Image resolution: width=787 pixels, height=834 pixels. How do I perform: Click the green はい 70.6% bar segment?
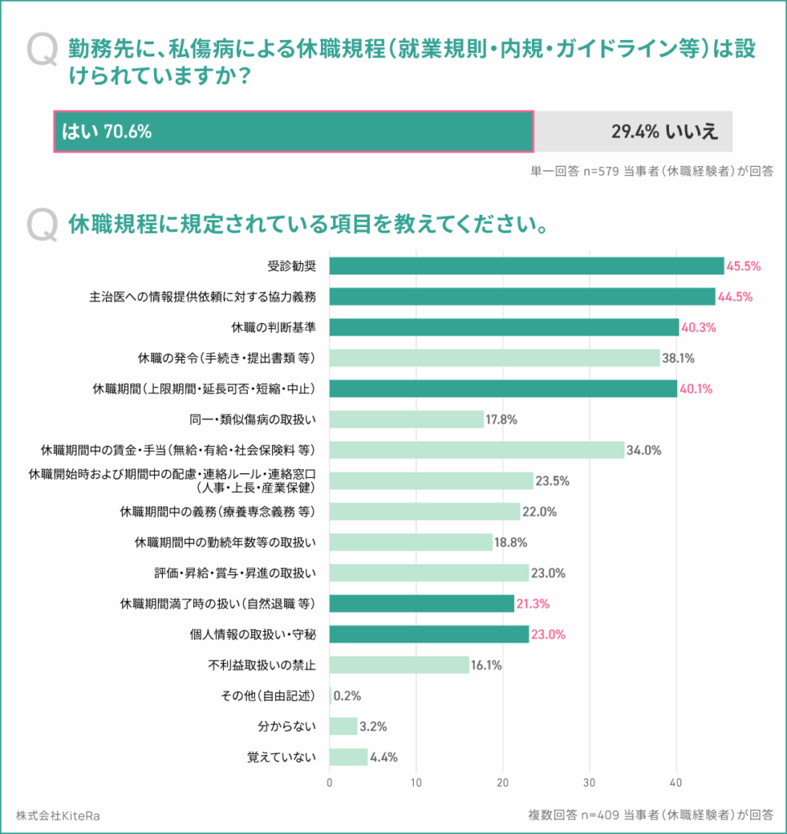click(x=293, y=131)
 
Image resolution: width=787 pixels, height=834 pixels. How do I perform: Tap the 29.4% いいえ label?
click(x=665, y=131)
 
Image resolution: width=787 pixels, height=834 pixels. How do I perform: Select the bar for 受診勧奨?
click(x=526, y=266)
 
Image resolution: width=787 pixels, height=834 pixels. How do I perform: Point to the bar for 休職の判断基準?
click(x=503, y=327)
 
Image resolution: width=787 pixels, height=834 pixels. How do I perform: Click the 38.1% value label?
click(x=679, y=358)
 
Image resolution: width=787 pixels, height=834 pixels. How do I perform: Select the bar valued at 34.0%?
click(x=477, y=450)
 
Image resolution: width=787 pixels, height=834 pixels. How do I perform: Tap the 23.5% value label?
click(x=552, y=481)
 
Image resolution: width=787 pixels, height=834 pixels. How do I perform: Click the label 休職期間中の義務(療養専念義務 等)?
click(x=218, y=511)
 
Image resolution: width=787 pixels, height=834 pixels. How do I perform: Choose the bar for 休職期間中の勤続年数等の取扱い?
click(x=411, y=542)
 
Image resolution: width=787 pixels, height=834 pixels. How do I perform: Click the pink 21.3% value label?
click(x=533, y=604)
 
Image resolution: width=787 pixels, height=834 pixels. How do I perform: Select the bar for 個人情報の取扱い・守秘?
click(x=429, y=634)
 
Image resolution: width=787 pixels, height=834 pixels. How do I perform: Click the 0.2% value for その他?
click(x=347, y=696)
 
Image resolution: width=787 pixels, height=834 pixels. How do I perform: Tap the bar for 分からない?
click(x=343, y=726)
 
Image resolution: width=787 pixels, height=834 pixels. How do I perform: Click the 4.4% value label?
click(x=384, y=757)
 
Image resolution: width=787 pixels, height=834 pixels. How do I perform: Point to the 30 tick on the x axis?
click(x=589, y=783)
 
